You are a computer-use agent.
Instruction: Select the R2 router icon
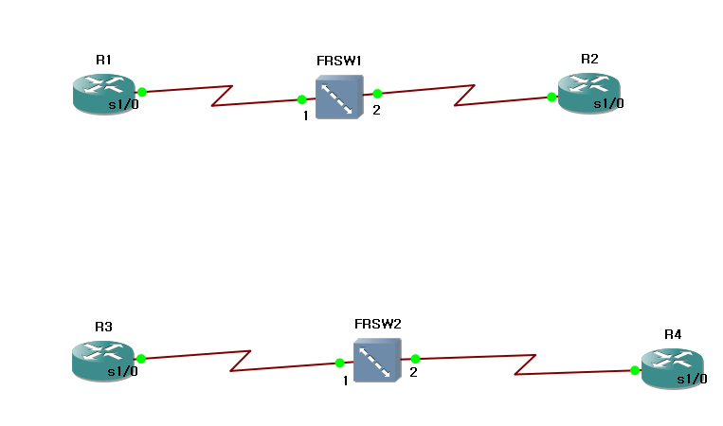click(588, 94)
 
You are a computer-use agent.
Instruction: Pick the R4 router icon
click(672, 368)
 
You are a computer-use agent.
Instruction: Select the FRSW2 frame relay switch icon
click(378, 361)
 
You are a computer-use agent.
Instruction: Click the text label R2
click(589, 59)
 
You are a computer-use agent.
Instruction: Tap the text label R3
click(103, 327)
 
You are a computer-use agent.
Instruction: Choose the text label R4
click(673, 334)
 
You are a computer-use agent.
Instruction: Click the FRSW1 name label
click(339, 61)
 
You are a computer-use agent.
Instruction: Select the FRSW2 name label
click(378, 324)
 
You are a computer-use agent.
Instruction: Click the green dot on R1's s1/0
click(141, 92)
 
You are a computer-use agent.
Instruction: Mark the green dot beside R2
click(551, 97)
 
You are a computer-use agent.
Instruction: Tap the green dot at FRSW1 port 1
click(301, 98)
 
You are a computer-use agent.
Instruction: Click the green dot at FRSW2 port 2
click(415, 359)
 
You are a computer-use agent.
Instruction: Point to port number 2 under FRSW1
click(376, 111)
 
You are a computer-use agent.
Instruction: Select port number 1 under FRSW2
click(346, 381)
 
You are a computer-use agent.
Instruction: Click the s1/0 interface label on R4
click(691, 380)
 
